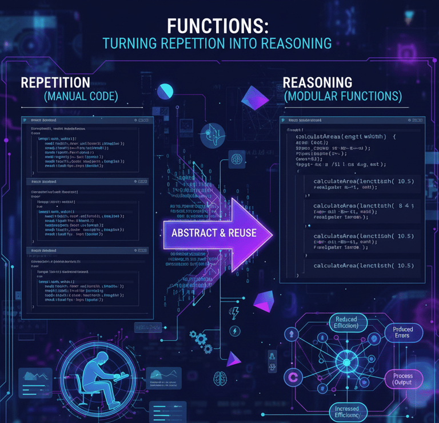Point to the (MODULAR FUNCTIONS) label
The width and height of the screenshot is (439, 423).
(343, 96)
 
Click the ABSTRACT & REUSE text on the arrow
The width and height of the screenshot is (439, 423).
(214, 233)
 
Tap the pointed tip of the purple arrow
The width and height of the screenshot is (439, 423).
(273, 233)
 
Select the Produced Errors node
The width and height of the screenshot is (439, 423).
(404, 332)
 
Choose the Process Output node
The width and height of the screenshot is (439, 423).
(402, 378)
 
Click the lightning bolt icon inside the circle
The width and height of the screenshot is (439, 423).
(235, 331)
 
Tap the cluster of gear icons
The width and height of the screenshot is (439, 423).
(203, 342)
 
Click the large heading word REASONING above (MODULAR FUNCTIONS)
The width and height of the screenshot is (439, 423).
(318, 82)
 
